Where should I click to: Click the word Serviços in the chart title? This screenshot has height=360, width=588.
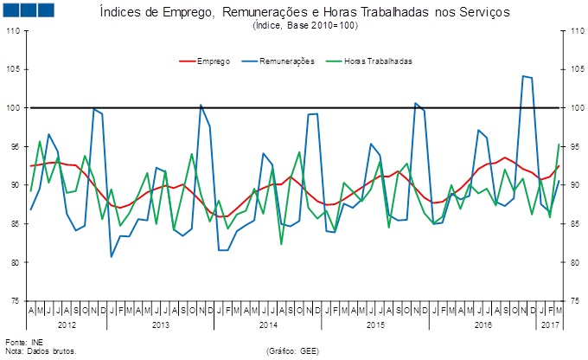tap(479, 13)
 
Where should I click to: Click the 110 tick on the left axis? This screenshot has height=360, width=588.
tap(13, 31)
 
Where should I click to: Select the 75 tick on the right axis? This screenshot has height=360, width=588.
tap(572, 301)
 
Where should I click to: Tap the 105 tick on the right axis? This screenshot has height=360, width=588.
tap(572, 70)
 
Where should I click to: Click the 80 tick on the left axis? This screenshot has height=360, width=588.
tap(15, 262)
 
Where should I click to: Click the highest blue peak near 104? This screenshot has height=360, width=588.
tap(524, 76)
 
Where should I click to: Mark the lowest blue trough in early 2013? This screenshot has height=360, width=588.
tap(112, 256)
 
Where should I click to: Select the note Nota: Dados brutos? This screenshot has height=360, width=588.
tap(41, 352)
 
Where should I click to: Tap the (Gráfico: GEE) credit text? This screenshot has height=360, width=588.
tap(299, 352)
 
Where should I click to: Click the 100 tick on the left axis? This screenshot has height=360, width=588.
tap(13, 108)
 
